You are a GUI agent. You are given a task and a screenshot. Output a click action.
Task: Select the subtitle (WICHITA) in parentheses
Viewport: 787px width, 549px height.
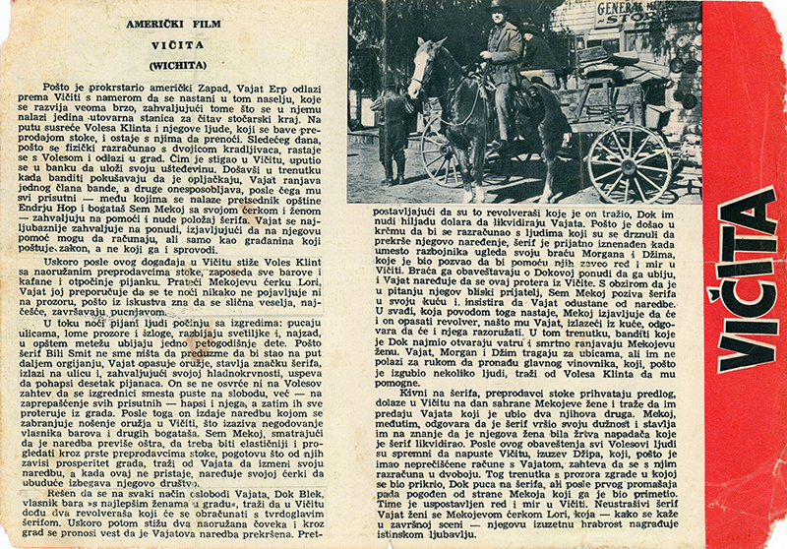[x=177, y=66]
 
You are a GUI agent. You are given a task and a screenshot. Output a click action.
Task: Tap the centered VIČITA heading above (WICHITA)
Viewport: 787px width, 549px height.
[x=177, y=44]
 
